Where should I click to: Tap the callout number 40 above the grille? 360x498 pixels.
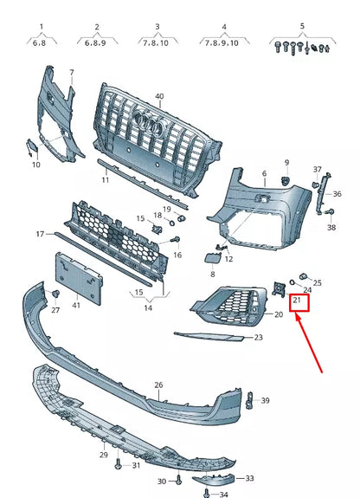click(x=158, y=96)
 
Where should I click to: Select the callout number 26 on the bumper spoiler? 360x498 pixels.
click(x=158, y=385)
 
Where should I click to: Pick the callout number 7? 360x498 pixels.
click(x=72, y=72)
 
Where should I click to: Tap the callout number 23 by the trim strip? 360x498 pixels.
click(x=258, y=338)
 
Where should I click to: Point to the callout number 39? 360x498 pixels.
click(x=266, y=400)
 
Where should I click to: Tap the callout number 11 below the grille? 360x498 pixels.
click(x=105, y=180)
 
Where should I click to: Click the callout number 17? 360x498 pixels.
click(x=40, y=235)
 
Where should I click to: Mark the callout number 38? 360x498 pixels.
click(x=331, y=228)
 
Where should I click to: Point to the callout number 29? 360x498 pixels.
click(x=103, y=455)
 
